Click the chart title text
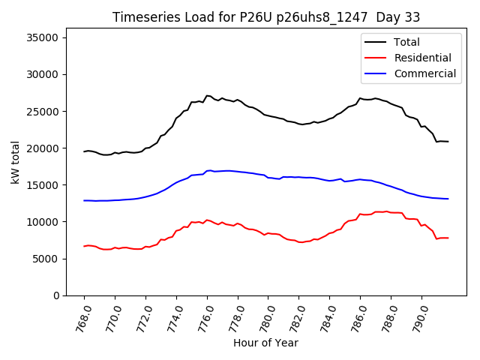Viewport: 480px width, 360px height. click(266, 17)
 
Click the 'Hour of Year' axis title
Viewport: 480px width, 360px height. click(265, 343)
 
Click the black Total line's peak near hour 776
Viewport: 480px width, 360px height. click(207, 96)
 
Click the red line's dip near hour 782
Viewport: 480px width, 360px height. click(301, 242)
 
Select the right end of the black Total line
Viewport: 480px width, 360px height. click(448, 142)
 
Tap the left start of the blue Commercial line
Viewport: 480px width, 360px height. click(84, 200)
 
